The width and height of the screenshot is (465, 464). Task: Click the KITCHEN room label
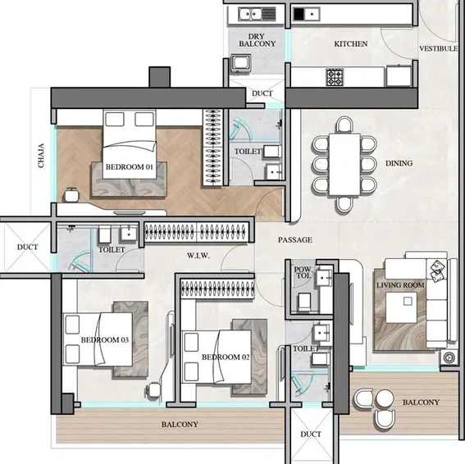point(350,43)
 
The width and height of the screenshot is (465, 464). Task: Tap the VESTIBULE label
point(438,49)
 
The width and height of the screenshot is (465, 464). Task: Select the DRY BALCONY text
point(257,39)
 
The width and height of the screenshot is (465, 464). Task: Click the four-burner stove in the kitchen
point(336,77)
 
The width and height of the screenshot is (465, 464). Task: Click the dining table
point(345,163)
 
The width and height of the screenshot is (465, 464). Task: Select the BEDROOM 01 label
point(130,167)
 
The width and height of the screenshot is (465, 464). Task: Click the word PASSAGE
point(294,240)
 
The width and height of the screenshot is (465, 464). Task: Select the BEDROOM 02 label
point(226,357)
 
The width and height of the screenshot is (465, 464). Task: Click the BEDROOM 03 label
point(105,339)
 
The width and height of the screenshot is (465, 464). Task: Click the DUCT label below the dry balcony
point(262,93)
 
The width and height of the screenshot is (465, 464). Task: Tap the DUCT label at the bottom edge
point(311,434)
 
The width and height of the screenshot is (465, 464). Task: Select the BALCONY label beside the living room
point(421,403)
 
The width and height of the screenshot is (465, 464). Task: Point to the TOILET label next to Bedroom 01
point(248,152)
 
